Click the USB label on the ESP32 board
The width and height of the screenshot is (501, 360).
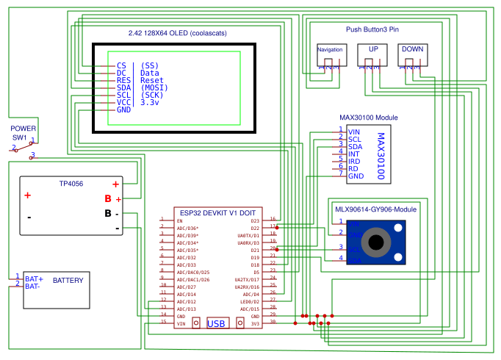click(x=216, y=323)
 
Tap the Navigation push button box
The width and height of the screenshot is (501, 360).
click(x=330, y=53)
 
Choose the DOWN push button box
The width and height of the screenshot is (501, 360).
click(x=412, y=53)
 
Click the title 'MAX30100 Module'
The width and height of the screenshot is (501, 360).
click(x=368, y=118)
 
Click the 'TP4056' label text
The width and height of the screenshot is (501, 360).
click(x=71, y=183)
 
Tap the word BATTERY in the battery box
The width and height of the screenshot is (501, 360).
click(x=68, y=280)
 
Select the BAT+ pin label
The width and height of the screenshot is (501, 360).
click(x=34, y=279)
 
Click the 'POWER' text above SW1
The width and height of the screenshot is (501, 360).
click(x=23, y=128)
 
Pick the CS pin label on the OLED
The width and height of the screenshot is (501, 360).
click(x=121, y=66)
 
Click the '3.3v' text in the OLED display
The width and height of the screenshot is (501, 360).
click(x=150, y=102)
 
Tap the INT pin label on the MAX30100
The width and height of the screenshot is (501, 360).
click(x=353, y=154)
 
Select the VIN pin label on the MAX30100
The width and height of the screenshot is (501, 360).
click(x=353, y=132)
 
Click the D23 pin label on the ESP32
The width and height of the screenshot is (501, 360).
click(x=255, y=220)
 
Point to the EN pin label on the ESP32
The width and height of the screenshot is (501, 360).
click(x=179, y=220)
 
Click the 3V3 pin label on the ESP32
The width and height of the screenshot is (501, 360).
click(x=255, y=323)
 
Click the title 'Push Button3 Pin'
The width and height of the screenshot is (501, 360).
click(x=372, y=29)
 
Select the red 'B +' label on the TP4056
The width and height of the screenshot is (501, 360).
click(x=112, y=198)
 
